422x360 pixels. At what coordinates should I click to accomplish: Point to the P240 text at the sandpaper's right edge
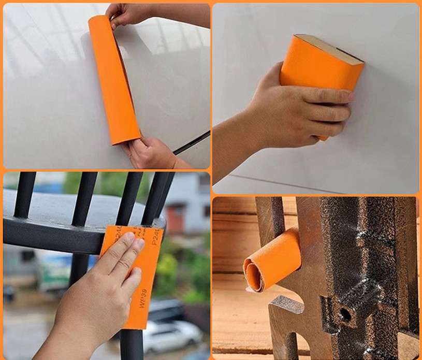[x=155, y=236]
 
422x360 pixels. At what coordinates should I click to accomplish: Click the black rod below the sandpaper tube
[x=192, y=143]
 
